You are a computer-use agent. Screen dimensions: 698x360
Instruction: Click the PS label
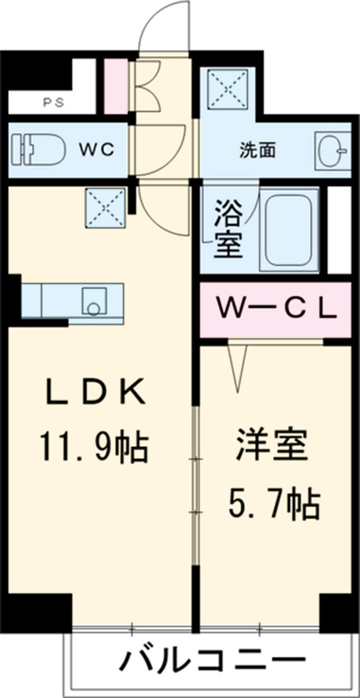[53, 102]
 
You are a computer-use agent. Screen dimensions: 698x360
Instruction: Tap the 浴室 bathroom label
[227, 230]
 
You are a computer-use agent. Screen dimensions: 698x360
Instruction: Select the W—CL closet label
[275, 309]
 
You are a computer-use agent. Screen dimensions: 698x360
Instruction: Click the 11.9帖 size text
[95, 447]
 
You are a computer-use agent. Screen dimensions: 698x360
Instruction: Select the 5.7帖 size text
[274, 504]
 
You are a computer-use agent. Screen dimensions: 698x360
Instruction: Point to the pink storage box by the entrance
[116, 86]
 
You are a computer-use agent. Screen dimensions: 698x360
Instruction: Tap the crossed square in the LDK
[105, 207]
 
